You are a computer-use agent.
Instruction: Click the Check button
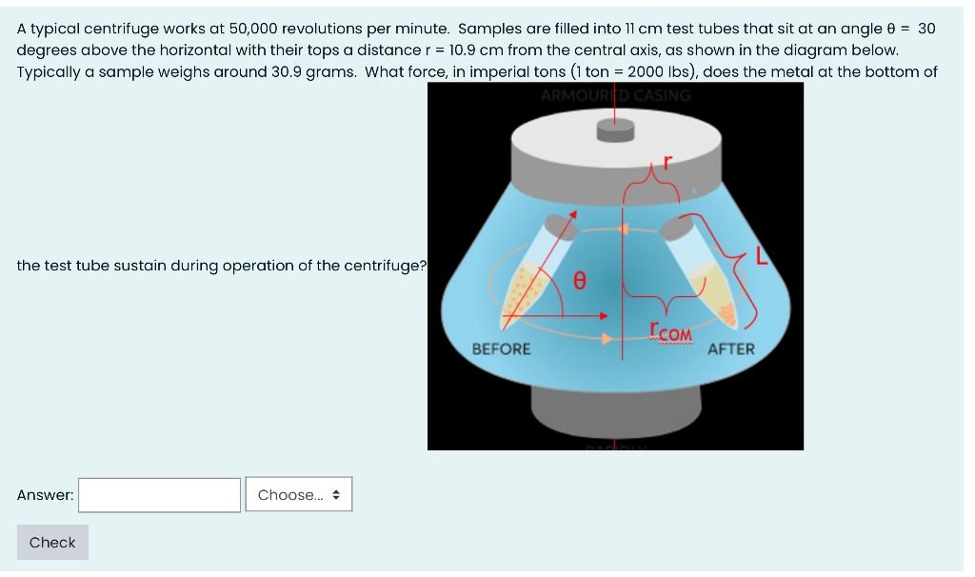(x=52, y=543)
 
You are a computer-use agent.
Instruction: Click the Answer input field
(x=159, y=495)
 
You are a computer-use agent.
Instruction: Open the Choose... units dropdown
(x=299, y=495)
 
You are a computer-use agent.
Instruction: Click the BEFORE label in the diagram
(x=502, y=349)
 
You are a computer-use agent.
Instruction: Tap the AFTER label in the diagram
(x=731, y=349)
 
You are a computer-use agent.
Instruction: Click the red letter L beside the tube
(x=761, y=256)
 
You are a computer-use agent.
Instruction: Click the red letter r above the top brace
(x=667, y=162)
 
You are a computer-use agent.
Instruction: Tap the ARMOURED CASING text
(x=615, y=95)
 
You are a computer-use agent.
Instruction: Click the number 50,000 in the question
(x=258, y=29)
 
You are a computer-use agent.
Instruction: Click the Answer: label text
(x=45, y=495)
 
